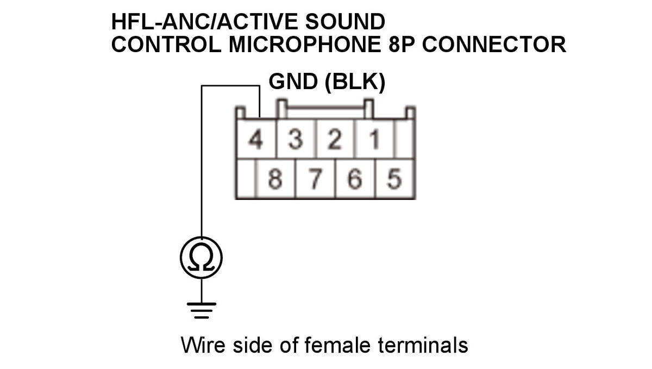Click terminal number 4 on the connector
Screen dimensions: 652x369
point(256,139)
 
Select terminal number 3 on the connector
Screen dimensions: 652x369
point(296,139)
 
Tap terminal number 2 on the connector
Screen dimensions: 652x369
point(335,139)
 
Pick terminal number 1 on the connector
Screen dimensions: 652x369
point(374,139)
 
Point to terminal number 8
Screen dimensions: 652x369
point(275,179)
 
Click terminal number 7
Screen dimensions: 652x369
point(315,179)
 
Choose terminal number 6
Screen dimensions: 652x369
point(355,179)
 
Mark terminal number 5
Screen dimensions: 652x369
point(394,179)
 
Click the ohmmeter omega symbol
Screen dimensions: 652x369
point(201,258)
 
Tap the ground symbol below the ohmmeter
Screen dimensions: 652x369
point(202,310)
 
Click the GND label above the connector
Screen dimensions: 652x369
point(293,82)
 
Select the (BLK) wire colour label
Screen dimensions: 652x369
point(355,82)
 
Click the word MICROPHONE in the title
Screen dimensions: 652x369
point(305,45)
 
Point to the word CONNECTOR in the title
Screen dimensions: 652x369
point(494,45)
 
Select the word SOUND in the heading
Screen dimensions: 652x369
point(345,22)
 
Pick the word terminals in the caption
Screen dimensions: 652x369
point(423,345)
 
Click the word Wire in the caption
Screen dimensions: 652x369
point(203,345)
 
